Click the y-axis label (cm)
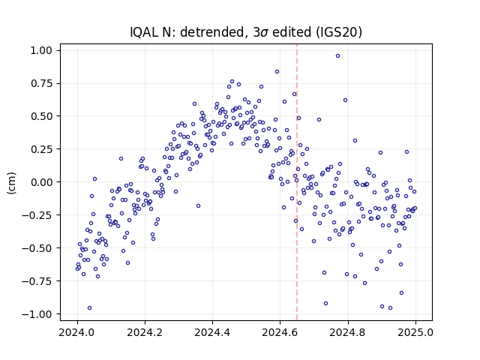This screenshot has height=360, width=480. (x=11, y=183)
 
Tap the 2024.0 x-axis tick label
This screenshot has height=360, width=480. (x=77, y=332)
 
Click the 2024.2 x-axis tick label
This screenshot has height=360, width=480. (x=145, y=332)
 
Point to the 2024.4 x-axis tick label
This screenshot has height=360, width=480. (x=212, y=332)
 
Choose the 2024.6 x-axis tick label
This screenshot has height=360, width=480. (x=280, y=332)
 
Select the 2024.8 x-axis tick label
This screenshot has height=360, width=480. (x=348, y=332)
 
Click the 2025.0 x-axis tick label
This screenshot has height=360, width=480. (x=415, y=332)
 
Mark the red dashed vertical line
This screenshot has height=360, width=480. (x=297, y=182)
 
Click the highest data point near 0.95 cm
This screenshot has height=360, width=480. (x=337, y=55)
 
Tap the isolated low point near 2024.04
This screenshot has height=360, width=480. (x=89, y=307)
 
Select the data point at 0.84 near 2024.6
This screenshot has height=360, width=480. (x=277, y=72)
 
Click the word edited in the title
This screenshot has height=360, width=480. (x=292, y=32)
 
